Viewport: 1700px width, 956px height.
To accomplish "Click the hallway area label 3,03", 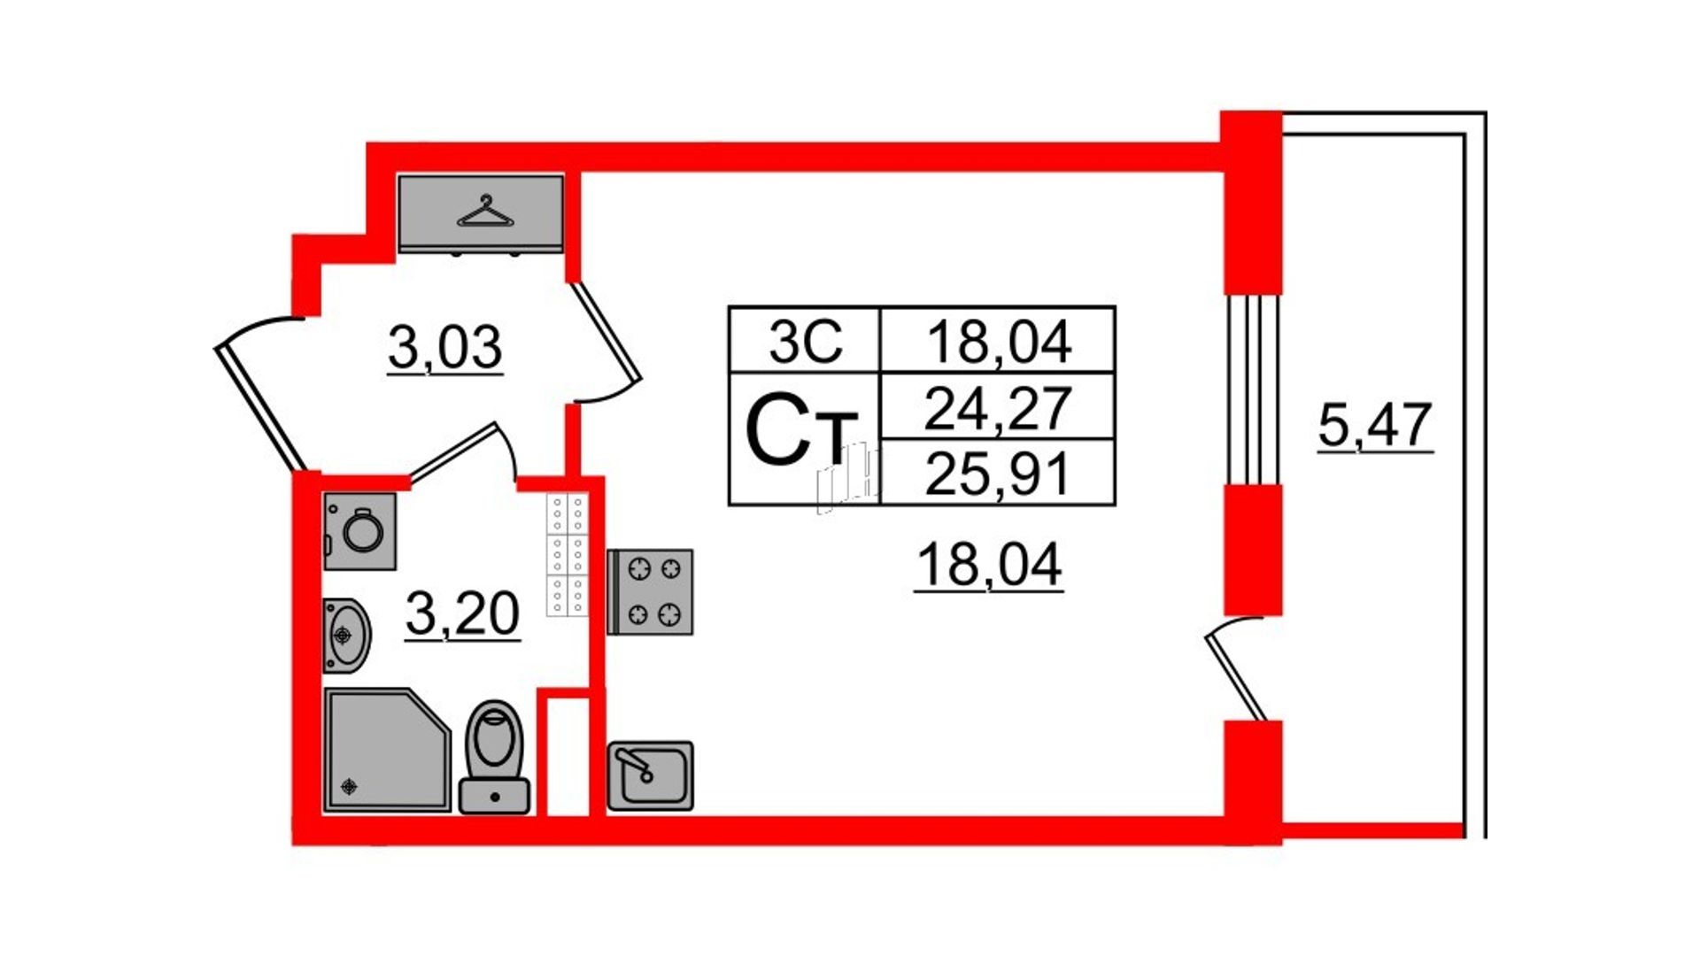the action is pyautogui.click(x=445, y=347).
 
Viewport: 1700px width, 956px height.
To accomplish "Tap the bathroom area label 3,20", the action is pyautogui.click(x=462, y=613).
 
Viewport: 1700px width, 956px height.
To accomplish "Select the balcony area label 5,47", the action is pyautogui.click(x=1375, y=425).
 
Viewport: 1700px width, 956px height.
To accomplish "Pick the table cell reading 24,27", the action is pyautogui.click(x=998, y=407).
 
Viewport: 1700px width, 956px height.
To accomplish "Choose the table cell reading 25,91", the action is pyautogui.click(x=998, y=474).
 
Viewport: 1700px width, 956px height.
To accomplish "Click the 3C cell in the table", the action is pyautogui.click(x=805, y=341).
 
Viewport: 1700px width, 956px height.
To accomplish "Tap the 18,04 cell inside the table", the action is pyautogui.click(x=999, y=341).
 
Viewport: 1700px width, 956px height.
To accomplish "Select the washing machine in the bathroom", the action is pyautogui.click(x=359, y=531).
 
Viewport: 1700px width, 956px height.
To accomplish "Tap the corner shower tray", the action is pyautogui.click(x=388, y=750).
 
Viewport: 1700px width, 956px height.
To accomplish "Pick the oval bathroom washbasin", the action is pyautogui.click(x=346, y=636).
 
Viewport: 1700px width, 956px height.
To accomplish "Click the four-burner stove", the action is pyautogui.click(x=650, y=592).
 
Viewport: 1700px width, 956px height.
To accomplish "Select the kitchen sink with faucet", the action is pyautogui.click(x=650, y=776).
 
